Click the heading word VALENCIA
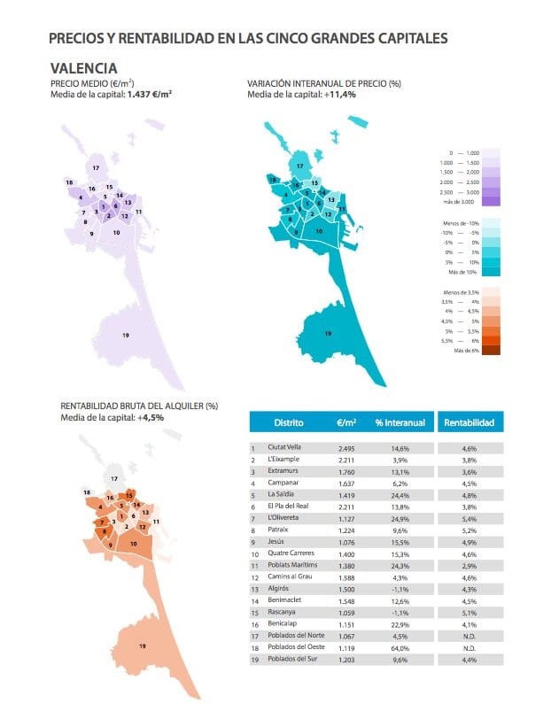click(x=84, y=67)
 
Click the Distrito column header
click(x=289, y=422)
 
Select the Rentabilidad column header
click(x=469, y=422)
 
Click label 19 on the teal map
click(x=328, y=333)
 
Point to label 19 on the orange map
click(x=143, y=647)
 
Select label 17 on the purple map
click(x=96, y=167)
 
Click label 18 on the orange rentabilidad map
click(x=87, y=491)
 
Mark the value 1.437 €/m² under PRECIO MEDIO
click(x=149, y=93)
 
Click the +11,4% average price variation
click(x=339, y=93)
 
